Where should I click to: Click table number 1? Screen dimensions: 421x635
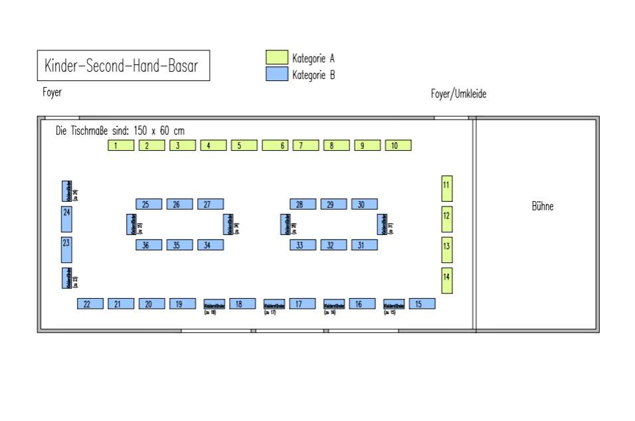tap(121, 145)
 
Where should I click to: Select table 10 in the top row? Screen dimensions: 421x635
tap(398, 145)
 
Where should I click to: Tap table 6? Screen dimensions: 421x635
tap(275, 145)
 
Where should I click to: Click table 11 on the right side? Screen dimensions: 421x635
tap(448, 188)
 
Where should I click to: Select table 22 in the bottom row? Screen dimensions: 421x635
tap(90, 303)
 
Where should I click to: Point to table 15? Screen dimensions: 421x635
tap(422, 303)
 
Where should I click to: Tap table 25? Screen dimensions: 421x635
tap(149, 204)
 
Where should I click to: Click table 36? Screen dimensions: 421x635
tap(149, 245)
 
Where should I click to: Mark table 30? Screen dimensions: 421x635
tap(364, 204)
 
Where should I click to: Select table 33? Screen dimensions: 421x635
tap(303, 245)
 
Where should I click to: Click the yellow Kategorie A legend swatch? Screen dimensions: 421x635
tap(276, 58)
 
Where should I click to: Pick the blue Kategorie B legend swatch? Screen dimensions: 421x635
tap(276, 74)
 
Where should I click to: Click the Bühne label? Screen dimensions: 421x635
tap(542, 207)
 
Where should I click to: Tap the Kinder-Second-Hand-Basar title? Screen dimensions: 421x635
tap(123, 66)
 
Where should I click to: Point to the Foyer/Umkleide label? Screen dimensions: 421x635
tap(458, 95)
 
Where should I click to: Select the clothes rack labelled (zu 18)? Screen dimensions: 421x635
tap(214, 305)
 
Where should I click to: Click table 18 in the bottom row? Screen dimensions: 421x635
tap(242, 303)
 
